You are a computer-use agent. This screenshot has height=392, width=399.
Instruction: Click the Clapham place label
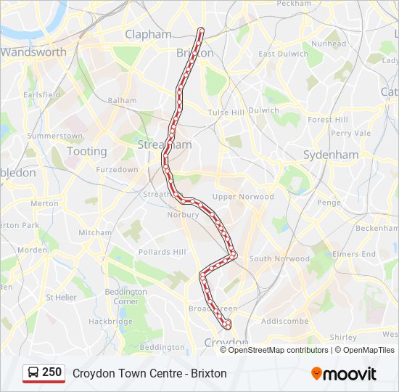[x=148, y=34]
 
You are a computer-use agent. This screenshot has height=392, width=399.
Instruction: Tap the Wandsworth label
[x=33, y=52]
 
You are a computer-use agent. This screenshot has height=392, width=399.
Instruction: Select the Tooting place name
[x=86, y=151]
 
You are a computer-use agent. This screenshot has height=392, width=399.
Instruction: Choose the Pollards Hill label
[x=163, y=252]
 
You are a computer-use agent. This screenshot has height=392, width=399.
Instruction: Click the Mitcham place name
[x=95, y=233]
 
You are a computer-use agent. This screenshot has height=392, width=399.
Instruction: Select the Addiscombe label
[x=284, y=321]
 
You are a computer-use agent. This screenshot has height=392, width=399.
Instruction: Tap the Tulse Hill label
[x=226, y=113]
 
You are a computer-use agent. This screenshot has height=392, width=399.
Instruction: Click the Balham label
[x=122, y=101]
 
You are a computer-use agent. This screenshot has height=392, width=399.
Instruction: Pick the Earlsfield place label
[x=41, y=95]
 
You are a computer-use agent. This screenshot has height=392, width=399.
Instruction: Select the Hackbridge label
[x=110, y=321]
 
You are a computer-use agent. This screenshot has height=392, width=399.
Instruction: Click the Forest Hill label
[x=328, y=120]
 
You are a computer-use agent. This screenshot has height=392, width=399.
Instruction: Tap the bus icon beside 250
[x=33, y=373]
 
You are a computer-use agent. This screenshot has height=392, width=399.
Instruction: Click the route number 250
[x=52, y=372]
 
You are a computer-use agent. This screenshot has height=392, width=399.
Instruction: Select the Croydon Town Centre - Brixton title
[x=149, y=373]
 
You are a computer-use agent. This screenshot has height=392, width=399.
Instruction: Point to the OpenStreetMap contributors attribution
[x=278, y=350]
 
